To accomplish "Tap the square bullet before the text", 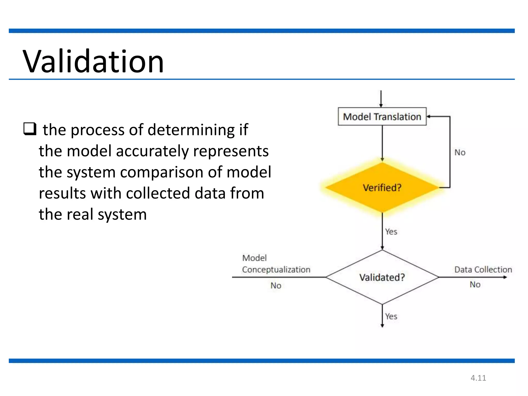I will pos(30,129).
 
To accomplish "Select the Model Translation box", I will pos(382,117).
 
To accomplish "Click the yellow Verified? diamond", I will pos(382,187).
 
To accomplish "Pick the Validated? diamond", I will pos(382,277).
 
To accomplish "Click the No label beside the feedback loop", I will pos(460,152).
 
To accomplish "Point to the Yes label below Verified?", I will pos(391,232).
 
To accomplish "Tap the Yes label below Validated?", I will pos(391,316).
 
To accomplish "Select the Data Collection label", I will pos(483,269).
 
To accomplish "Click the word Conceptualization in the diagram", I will pos(276,269).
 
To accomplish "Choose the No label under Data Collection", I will pos(475,284).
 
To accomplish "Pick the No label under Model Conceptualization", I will pos(276,285).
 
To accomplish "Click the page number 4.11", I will pos(478,378).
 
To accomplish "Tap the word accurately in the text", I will pos(152,151).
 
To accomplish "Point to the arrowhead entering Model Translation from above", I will pos(381,105).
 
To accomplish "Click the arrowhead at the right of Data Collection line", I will pos(505,277).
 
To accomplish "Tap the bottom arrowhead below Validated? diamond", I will pos(382,326).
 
